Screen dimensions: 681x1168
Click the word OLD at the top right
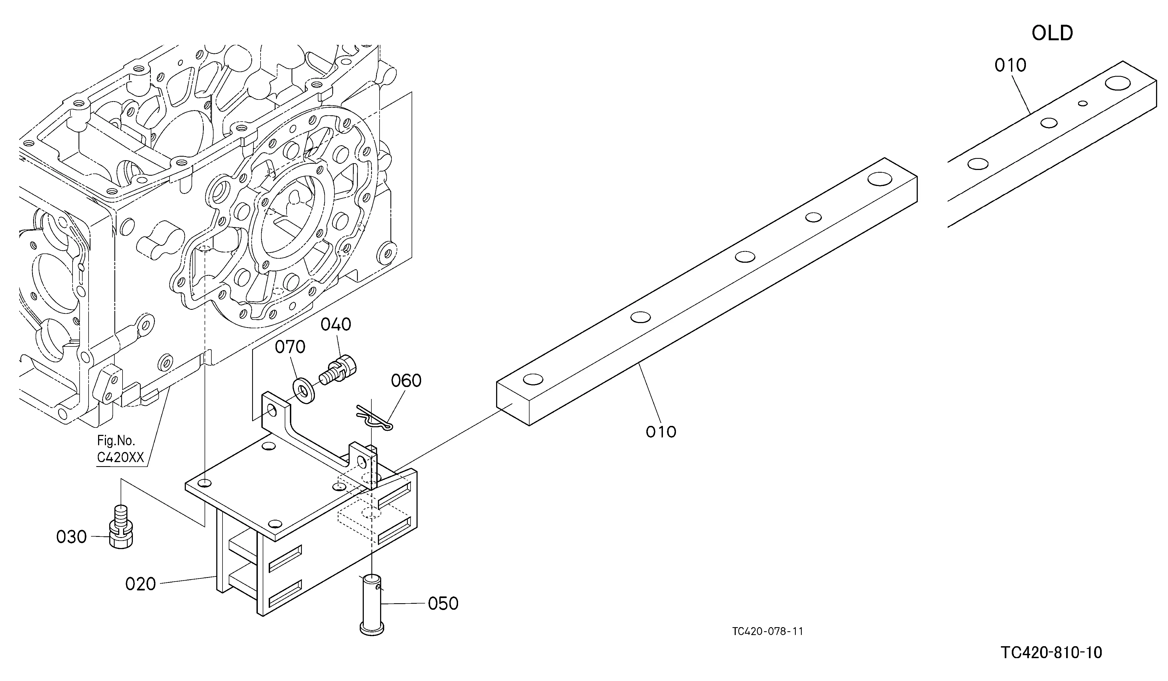coord(1052,33)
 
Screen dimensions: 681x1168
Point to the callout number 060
coord(406,381)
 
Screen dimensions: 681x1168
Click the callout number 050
coord(443,603)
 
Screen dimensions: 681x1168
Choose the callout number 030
coord(71,537)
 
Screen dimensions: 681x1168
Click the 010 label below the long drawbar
coord(661,432)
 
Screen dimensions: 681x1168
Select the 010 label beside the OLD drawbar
coord(1010,66)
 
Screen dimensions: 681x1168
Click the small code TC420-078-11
coord(768,631)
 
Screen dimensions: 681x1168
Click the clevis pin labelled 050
coord(372,603)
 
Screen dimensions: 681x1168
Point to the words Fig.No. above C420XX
coord(116,440)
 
